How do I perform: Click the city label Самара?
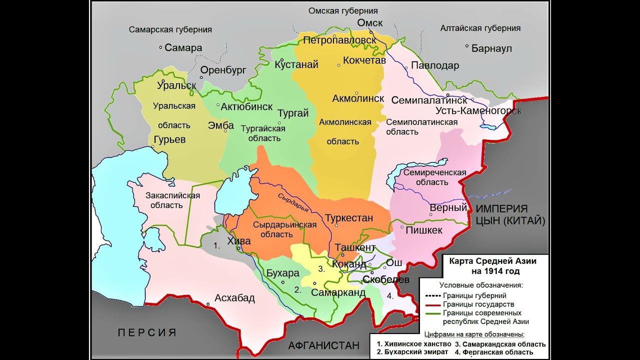coord(183,48)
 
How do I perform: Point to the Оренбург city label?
coord(223,70)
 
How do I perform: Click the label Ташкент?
coord(355,247)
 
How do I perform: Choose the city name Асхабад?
coord(234,298)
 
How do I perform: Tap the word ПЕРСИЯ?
coord(147,332)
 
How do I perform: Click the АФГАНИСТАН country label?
coord(323,345)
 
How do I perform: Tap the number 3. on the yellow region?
coord(321,268)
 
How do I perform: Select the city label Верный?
coord(448,207)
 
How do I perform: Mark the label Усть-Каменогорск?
coord(478,110)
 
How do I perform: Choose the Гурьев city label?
coord(170,139)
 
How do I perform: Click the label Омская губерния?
coord(342,10)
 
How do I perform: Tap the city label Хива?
coord(239,240)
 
